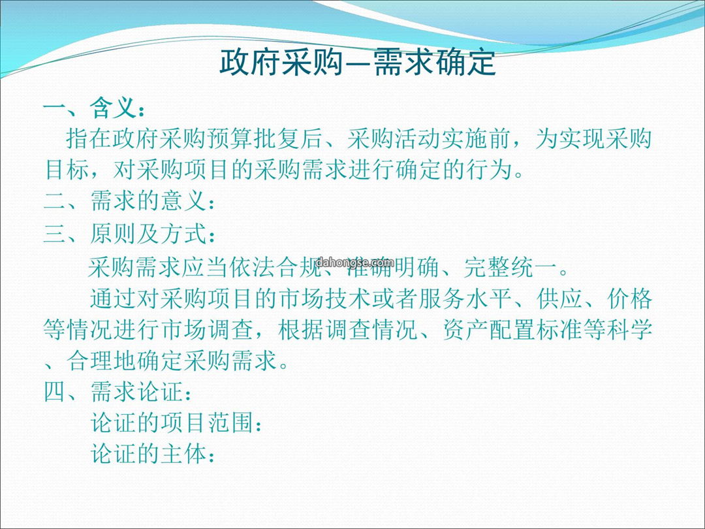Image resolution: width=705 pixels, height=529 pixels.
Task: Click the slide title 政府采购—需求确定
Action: (358, 62)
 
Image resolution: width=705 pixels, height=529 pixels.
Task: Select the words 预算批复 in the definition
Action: (253, 138)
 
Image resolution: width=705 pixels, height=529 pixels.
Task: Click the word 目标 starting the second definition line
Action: (67, 170)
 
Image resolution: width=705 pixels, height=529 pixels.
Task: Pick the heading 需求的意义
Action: (148, 200)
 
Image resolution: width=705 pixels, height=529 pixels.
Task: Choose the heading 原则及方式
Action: (148, 233)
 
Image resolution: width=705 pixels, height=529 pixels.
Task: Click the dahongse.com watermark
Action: (355, 263)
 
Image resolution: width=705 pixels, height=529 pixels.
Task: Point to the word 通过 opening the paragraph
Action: (113, 298)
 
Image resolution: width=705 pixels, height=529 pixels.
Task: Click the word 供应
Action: (559, 298)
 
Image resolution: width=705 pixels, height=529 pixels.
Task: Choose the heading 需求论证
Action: (136, 391)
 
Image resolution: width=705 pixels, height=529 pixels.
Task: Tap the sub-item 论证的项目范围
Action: (171, 423)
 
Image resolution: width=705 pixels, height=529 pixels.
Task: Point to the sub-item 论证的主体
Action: (148, 453)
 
